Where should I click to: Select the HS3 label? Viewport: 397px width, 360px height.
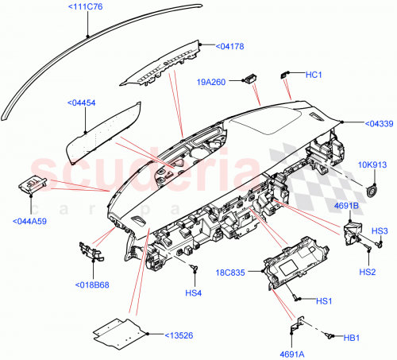click(x=380, y=230)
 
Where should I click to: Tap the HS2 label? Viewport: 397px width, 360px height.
click(x=367, y=272)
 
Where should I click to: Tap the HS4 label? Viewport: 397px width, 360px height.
click(x=194, y=292)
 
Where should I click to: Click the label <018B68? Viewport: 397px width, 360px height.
click(x=94, y=285)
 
